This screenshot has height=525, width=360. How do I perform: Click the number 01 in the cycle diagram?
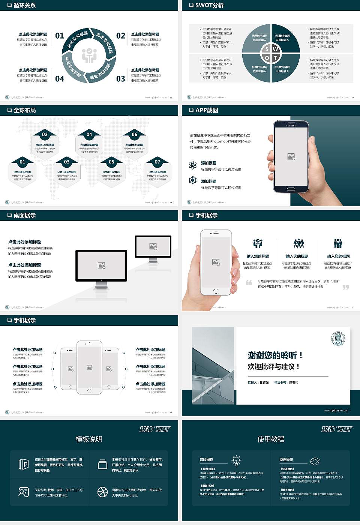(x=60, y=36)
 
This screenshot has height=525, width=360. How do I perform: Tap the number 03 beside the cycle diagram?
(x=121, y=79)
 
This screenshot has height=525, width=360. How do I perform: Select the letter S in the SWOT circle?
(x=267, y=49)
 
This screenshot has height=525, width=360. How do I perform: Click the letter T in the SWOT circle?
(x=275, y=58)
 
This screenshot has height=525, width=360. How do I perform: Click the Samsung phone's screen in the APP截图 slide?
(x=291, y=156)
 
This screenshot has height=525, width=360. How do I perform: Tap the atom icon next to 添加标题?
(x=193, y=165)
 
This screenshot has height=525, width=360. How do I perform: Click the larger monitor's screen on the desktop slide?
(x=101, y=265)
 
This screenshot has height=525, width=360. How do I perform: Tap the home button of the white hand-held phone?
(x=216, y=291)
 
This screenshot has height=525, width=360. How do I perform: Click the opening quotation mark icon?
(x=249, y=282)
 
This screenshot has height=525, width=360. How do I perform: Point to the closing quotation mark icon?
(x=346, y=287)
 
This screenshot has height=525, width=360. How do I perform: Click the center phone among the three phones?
(x=89, y=367)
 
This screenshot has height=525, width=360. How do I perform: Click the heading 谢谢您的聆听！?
(x=275, y=355)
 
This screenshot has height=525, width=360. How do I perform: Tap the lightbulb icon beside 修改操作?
(x=236, y=460)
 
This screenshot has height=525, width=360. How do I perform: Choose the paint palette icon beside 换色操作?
(x=315, y=461)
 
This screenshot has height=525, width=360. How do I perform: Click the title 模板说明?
(x=89, y=439)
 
